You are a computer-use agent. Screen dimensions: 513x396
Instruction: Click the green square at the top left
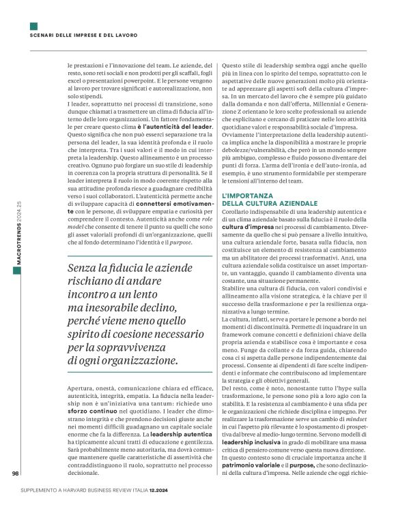(x=33, y=26)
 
